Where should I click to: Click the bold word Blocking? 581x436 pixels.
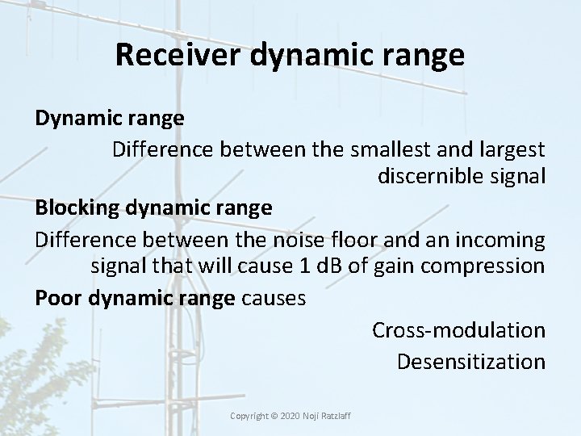tap(76, 208)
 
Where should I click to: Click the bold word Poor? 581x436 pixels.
tap(58, 298)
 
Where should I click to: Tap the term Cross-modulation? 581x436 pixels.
tap(458, 329)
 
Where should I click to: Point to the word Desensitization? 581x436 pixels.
tap(470, 361)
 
